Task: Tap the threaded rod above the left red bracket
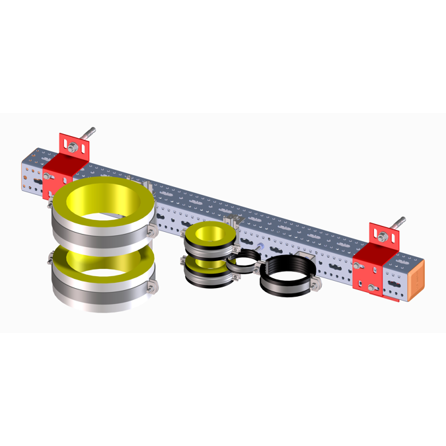pyautogui.click(x=91, y=133)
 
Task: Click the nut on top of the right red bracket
pyautogui.click(x=383, y=235)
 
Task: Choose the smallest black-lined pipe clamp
pyautogui.click(x=242, y=263)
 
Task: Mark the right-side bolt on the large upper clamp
pyautogui.click(x=153, y=228)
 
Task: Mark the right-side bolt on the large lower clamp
pyautogui.click(x=153, y=286)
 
